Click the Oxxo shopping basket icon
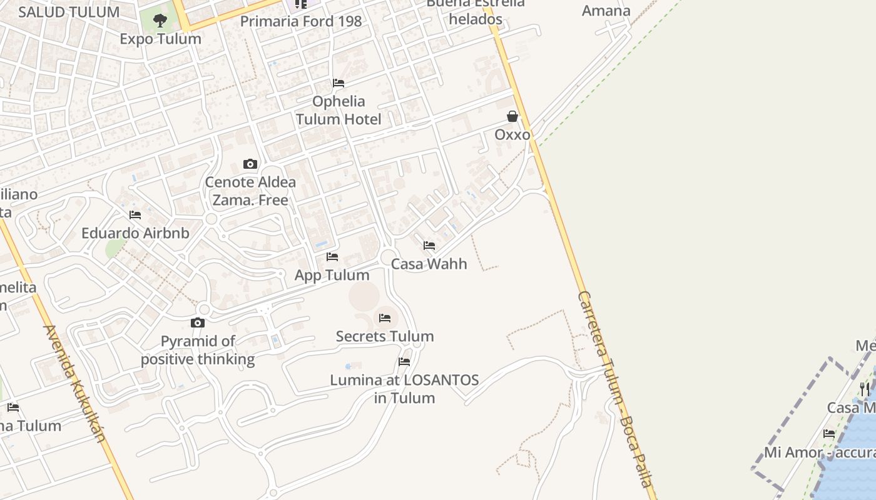pyautogui.click(x=512, y=116)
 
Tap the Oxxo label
pyautogui.click(x=512, y=134)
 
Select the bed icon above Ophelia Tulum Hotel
pyautogui.click(x=339, y=82)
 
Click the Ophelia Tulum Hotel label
pyautogui.click(x=339, y=110)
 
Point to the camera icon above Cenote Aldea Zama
pyautogui.click(x=250, y=164)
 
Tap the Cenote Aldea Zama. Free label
pyautogui.click(x=250, y=191)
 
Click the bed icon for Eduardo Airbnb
pyautogui.click(x=135, y=215)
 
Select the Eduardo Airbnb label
pyautogui.click(x=135, y=233)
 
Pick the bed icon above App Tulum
pyautogui.click(x=332, y=257)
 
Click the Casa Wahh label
pyautogui.click(x=429, y=264)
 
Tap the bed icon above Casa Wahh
pyautogui.click(x=429, y=246)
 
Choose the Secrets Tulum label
pyautogui.click(x=385, y=336)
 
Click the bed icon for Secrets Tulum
pyautogui.click(x=385, y=318)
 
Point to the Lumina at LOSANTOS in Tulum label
pyautogui.click(x=404, y=389)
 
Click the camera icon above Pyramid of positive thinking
pyautogui.click(x=198, y=322)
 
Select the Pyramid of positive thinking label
pyautogui.click(x=198, y=350)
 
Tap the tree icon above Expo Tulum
pyautogui.click(x=160, y=20)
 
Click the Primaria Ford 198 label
pyautogui.click(x=301, y=21)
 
